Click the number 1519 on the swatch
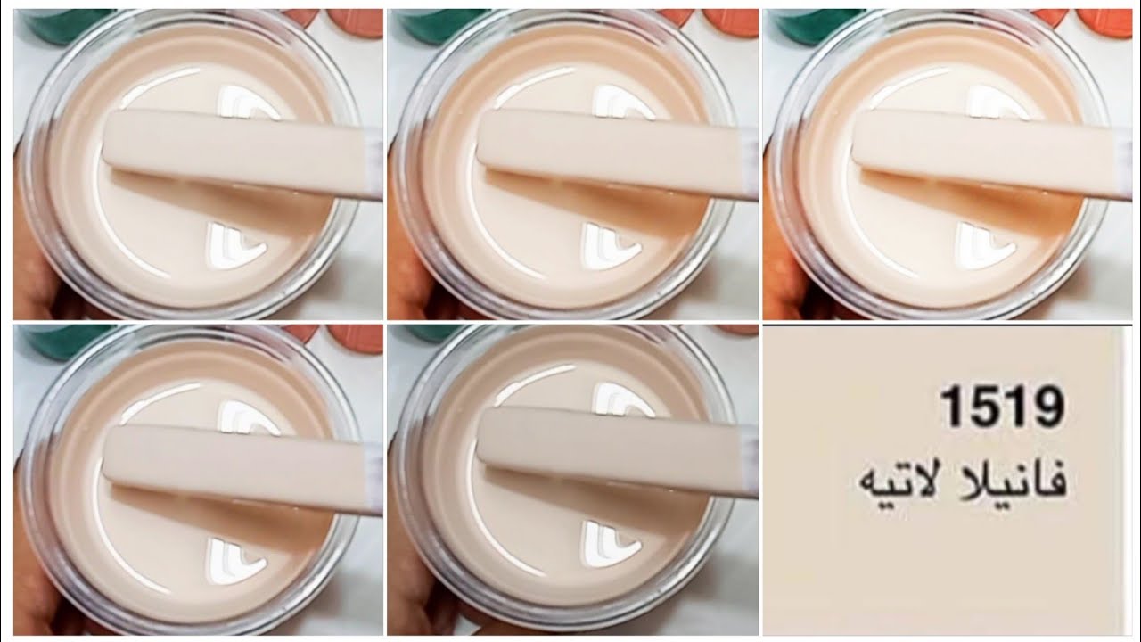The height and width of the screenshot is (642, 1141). point(1002,407)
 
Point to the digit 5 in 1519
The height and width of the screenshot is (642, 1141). point(984,407)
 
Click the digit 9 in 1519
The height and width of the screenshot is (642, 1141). point(1047,407)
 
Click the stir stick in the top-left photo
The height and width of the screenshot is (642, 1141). point(242,155)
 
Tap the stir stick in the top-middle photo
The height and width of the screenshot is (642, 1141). point(616,154)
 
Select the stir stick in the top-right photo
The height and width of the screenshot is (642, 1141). point(990,154)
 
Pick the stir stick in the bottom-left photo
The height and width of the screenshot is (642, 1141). point(242,470)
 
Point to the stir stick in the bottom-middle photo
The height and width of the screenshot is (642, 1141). point(616,454)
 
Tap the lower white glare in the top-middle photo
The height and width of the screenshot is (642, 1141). point(611,246)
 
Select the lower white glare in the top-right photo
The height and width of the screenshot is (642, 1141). point(984,246)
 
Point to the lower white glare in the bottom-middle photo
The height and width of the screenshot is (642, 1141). point(611,544)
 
